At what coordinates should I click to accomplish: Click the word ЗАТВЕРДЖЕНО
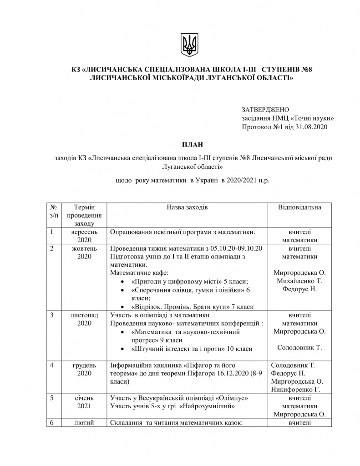coord(266,110)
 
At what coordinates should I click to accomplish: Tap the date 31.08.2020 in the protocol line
coord(311,127)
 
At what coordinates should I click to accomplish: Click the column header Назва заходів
coord(187,207)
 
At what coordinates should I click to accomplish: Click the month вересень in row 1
coord(84,232)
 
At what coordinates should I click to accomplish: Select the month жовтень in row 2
coord(84,248)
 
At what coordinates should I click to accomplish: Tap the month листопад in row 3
coord(84,315)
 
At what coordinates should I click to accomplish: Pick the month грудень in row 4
coord(84,365)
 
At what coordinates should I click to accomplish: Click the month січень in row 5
coord(84,398)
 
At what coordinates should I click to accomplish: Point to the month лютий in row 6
coord(84,423)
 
